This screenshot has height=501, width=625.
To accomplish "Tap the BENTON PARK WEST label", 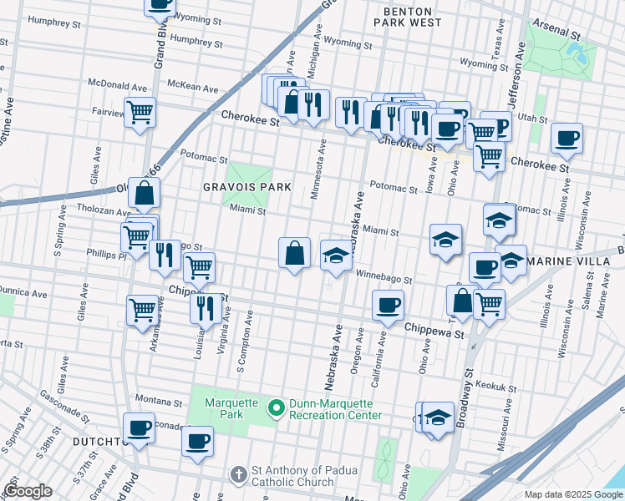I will coord(411,17).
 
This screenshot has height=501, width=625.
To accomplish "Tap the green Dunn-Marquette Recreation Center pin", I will coord(275,409).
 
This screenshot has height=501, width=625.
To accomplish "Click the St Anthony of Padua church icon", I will coord(240,473).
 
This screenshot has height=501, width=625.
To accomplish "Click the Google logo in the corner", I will coord(28,491).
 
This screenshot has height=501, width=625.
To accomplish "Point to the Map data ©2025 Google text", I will coord(572,494).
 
